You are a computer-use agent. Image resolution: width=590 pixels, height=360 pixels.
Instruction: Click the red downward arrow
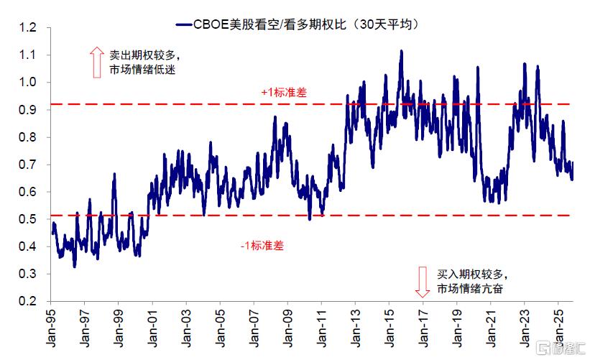click(x=423, y=281)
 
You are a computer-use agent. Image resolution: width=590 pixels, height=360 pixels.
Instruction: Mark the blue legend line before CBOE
click(x=182, y=24)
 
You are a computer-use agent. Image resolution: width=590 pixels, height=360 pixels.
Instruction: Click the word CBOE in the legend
click(x=208, y=24)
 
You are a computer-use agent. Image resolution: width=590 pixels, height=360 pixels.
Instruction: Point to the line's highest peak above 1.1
click(x=401, y=51)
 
